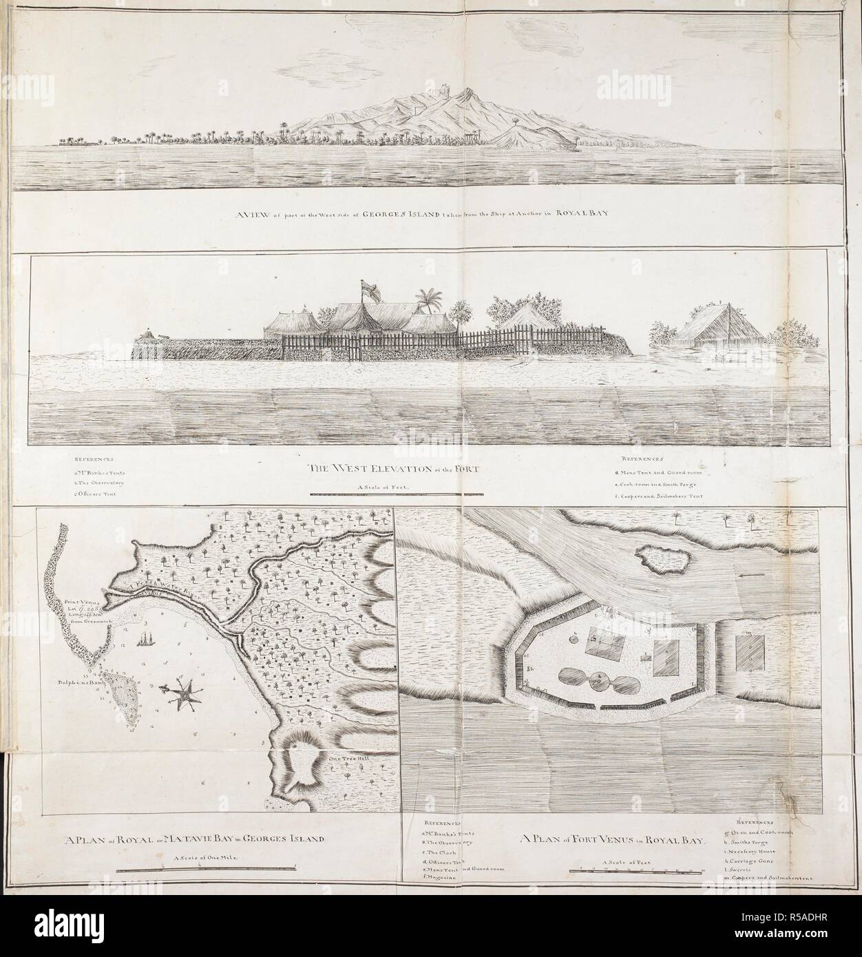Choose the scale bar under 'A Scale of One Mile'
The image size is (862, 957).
205,872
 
